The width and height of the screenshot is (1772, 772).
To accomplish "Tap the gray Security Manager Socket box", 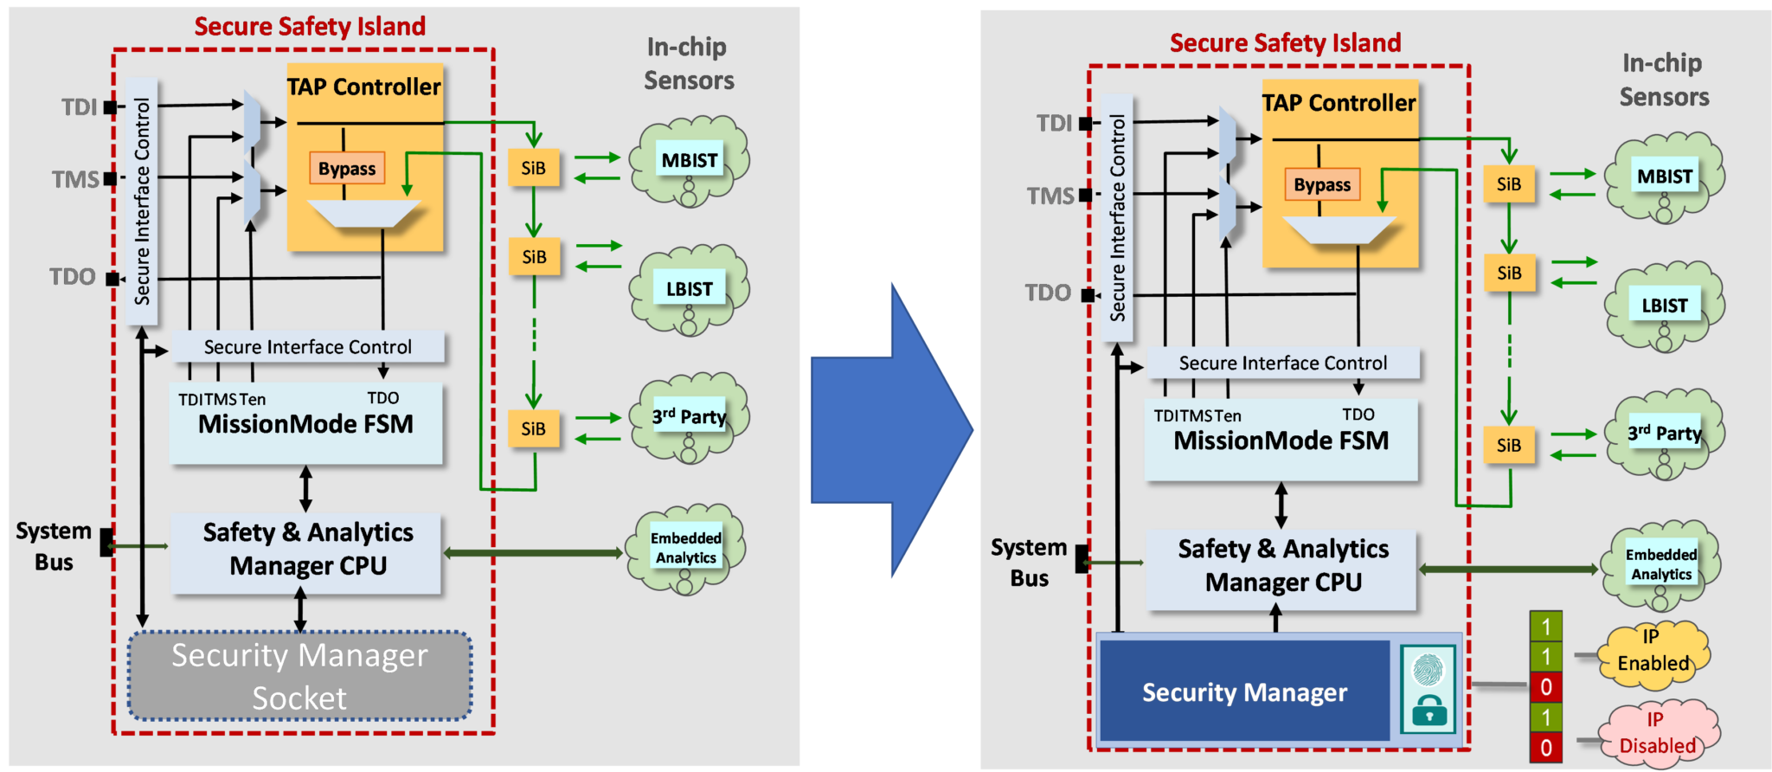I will (299, 676).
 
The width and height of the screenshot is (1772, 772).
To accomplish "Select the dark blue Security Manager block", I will (1244, 692).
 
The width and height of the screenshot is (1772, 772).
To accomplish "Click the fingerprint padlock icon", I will (1429, 690).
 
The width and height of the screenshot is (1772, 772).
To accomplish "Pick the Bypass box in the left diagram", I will (346, 169).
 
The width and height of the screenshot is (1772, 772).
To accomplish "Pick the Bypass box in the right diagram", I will (1321, 184).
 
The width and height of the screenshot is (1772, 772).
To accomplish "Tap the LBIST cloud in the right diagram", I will (1664, 306).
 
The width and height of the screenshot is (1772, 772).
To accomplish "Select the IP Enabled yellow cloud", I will (1653, 653).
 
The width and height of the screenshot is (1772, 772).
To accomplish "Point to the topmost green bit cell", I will (1545, 626).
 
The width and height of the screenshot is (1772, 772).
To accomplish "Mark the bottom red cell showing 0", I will (1545, 747).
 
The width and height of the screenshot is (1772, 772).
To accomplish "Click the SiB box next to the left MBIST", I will (533, 168).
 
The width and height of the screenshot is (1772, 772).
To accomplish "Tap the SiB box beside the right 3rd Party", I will (1508, 445).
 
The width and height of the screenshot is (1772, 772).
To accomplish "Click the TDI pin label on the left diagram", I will (79, 107).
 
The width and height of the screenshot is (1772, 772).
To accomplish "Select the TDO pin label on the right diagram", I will (1048, 293).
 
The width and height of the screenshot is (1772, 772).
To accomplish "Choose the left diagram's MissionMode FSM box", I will (305, 424).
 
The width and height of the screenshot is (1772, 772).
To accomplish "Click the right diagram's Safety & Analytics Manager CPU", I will (1282, 566).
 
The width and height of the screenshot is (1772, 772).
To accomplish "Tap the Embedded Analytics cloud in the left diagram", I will (685, 549).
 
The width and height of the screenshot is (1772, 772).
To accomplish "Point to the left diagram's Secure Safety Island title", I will (310, 26).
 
